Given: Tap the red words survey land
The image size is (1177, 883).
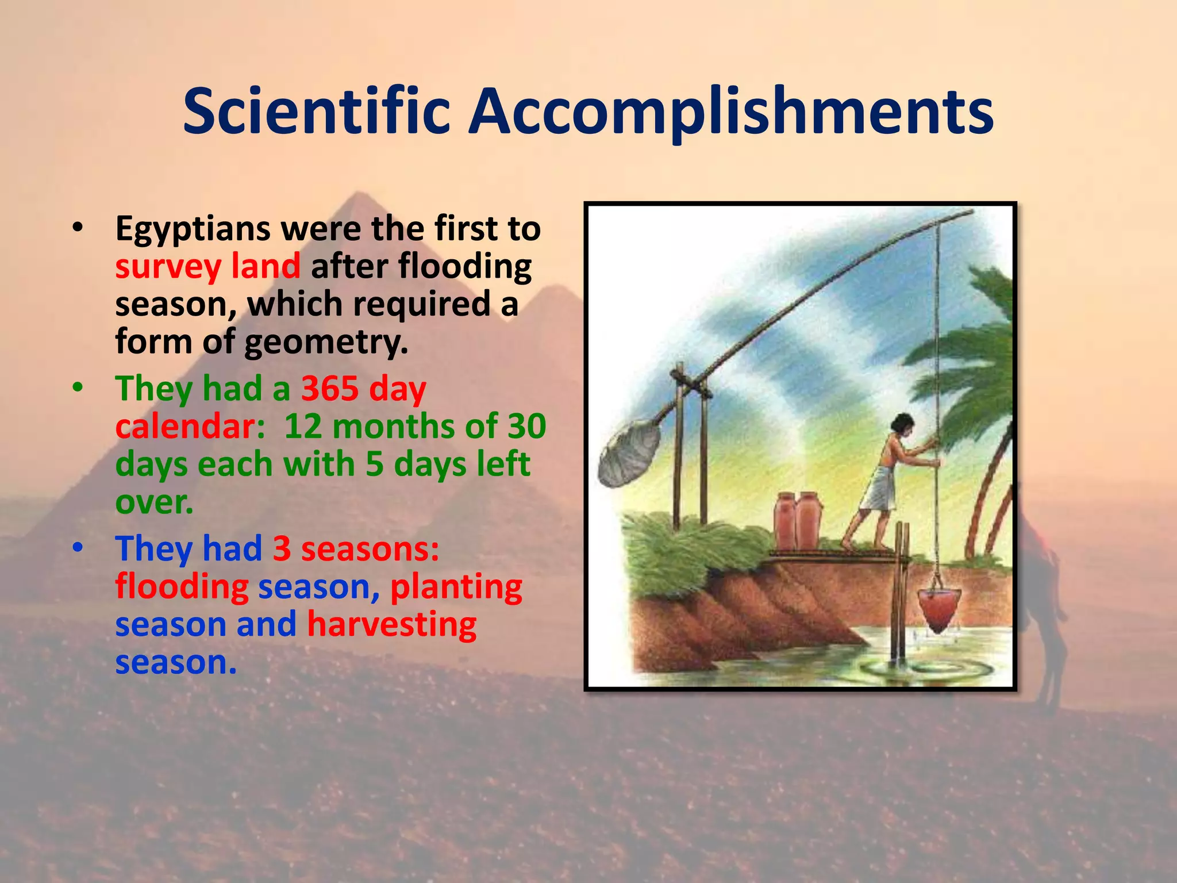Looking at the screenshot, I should (207, 266).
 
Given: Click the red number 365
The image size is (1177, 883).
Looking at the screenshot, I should (331, 389).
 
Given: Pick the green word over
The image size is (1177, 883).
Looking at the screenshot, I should (153, 502).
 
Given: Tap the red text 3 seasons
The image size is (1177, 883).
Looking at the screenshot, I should (356, 548).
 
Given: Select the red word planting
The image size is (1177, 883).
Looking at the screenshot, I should (456, 587).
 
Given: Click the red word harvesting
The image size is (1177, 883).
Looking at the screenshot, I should (391, 624).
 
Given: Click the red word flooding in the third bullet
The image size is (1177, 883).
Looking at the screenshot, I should (182, 587).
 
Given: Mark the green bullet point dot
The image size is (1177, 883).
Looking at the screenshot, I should (78, 388).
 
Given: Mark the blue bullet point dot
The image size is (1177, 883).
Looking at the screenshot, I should (78, 548).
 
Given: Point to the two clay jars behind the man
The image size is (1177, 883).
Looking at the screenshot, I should (797, 520).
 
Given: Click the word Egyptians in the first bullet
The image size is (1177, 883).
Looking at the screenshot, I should (193, 229).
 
